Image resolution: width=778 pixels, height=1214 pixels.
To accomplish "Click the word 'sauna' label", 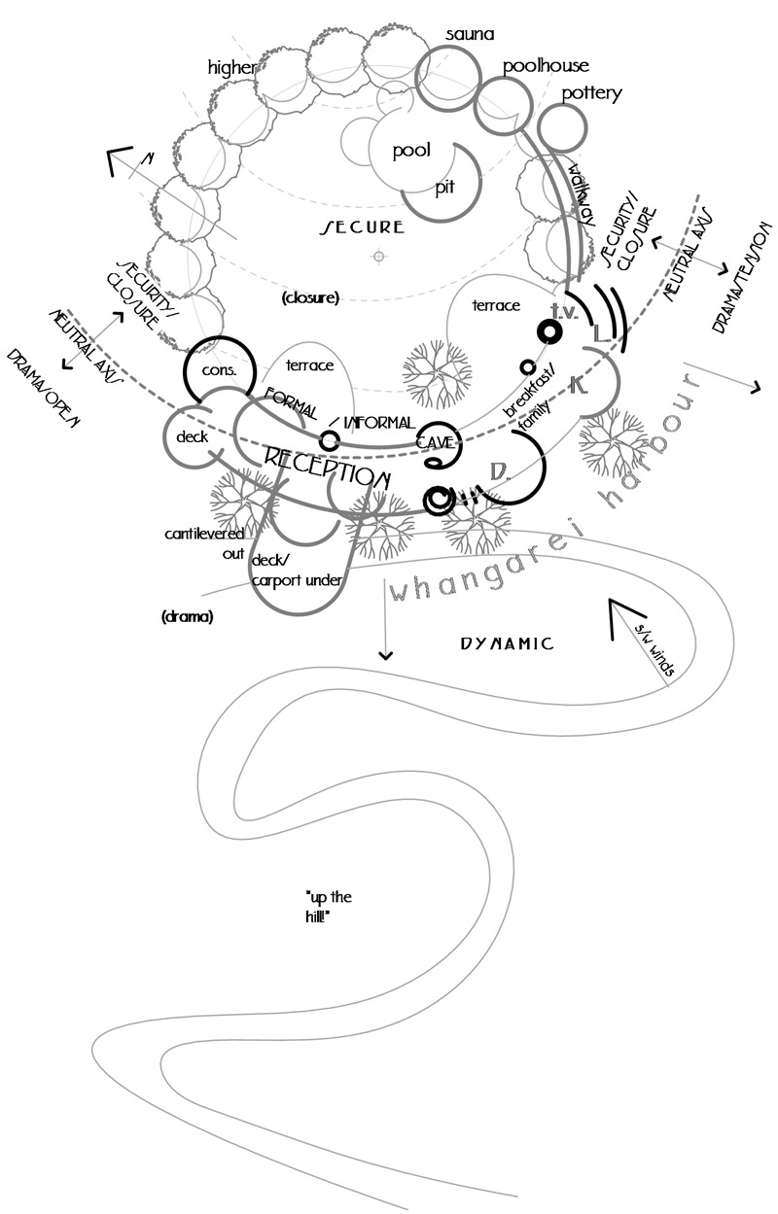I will click(472, 35).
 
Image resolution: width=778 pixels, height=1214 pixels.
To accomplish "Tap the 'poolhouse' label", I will click(546, 66).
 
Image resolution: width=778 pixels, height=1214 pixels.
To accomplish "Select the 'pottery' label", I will click(591, 93).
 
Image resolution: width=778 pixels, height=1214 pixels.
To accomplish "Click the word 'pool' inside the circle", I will click(411, 151).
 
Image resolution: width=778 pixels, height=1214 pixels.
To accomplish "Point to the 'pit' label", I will click(445, 187).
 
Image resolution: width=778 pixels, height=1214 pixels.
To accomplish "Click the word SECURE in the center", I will click(363, 227).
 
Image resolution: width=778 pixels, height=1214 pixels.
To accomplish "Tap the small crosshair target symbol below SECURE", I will click(379, 256).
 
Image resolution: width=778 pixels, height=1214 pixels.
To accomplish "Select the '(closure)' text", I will click(309, 297).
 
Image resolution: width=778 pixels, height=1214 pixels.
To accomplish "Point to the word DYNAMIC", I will click(507, 643).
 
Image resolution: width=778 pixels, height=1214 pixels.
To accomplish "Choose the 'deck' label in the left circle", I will click(193, 437).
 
